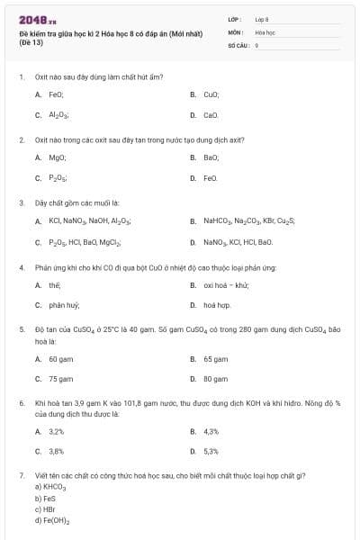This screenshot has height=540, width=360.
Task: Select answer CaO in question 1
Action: tap(211, 115)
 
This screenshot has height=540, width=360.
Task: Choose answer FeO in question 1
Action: tap(56, 94)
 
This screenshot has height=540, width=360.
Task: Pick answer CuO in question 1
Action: tap(211, 94)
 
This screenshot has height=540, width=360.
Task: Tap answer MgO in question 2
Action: tap(56, 157)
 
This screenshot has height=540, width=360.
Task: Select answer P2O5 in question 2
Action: tap(57, 178)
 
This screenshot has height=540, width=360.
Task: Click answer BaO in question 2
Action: tap(211, 157)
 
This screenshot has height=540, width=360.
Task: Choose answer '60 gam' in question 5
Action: tap(60, 358)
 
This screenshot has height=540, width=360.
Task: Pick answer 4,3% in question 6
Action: tap(211, 432)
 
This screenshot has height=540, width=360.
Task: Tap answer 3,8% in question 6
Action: tap(56, 452)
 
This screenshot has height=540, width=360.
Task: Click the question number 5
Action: tap(21, 329)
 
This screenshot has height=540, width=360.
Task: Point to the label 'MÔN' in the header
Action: tap(236, 31)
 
